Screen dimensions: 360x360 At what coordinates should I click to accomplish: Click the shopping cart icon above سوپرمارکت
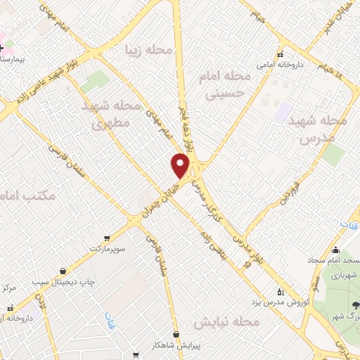click(106, 238)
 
